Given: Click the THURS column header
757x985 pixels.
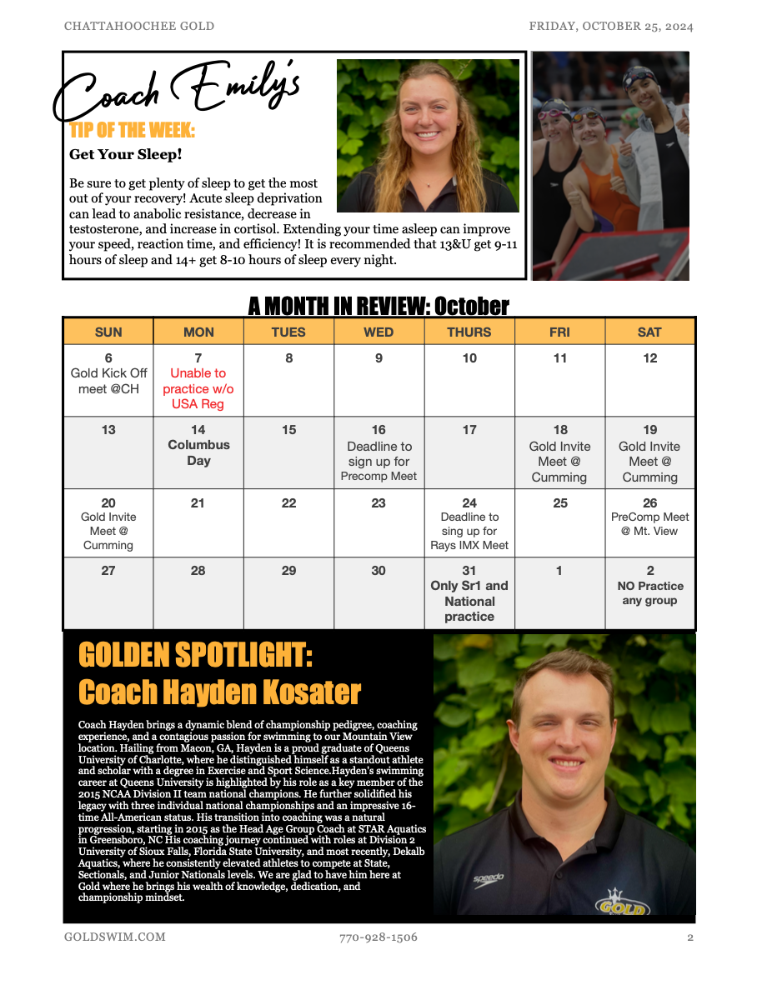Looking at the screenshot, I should pos(469,332).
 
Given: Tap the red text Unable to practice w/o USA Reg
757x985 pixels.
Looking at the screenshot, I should pos(198,388).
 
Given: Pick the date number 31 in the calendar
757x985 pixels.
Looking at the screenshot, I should pos(469,571).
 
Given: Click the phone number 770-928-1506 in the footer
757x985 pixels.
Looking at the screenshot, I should pos(378,937).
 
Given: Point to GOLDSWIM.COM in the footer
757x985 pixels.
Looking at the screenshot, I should pos(115,937).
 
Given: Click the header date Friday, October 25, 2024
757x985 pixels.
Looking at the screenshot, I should pos(611,26).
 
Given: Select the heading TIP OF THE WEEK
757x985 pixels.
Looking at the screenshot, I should pos(133,130).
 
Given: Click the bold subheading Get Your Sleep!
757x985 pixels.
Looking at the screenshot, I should pos(126,154).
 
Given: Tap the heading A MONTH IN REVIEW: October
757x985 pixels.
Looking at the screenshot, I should pos(378,306).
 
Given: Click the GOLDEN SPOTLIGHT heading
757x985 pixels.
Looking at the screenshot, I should pos(196,655).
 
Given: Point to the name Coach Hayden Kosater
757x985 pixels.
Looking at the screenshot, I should pos(220,692).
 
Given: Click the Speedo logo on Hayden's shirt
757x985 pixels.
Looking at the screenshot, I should pos(489,878).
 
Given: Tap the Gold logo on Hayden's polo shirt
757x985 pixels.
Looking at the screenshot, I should pos(622,903).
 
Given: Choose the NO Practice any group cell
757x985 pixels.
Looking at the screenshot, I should pos(649,592).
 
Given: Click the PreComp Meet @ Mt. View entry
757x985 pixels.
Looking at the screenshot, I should pos(649,523).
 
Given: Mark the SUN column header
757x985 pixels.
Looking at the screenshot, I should pos(108,332).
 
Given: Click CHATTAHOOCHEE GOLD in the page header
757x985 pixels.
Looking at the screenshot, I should pos(139,26).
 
